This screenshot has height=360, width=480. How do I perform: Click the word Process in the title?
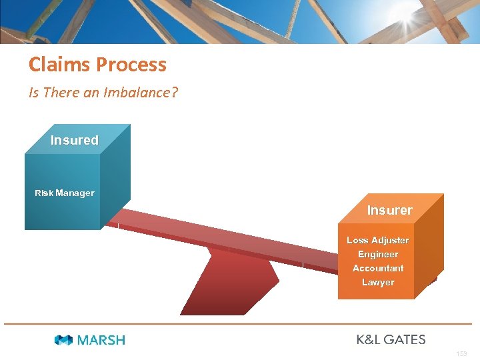131,65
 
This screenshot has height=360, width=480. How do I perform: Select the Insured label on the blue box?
74,140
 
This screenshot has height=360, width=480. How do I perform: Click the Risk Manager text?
65,193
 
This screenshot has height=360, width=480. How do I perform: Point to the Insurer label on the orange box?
389,210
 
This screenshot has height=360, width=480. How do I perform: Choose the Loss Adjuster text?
378,240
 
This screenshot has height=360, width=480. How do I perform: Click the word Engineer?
378,254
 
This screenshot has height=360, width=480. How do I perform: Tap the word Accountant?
378,268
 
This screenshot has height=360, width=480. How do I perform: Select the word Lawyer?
378,282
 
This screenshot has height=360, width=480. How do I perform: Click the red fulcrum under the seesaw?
227,287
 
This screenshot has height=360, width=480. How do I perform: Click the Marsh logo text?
101,340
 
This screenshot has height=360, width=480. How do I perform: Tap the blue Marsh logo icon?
64,340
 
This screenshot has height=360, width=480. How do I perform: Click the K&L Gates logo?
391,339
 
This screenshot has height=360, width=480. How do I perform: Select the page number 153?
462,353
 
